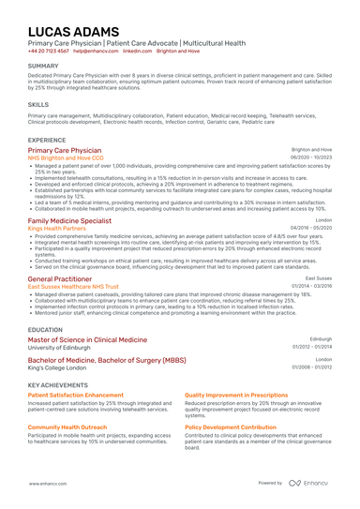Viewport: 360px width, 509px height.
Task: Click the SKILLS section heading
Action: tap(38, 104)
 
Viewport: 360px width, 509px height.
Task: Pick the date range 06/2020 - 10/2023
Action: tap(310, 157)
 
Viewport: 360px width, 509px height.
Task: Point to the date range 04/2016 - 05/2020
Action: tap(310, 227)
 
